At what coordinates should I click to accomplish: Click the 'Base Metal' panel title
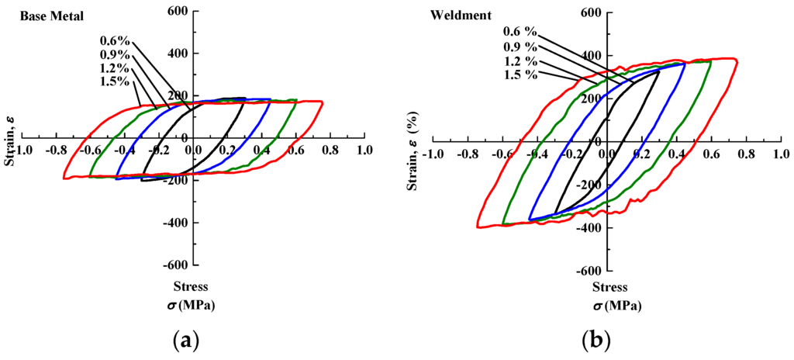tap(43, 16)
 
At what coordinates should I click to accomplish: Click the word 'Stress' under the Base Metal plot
tap(192, 286)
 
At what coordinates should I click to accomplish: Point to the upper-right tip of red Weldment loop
tap(735, 60)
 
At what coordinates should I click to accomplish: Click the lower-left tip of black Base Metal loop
tap(142, 180)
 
